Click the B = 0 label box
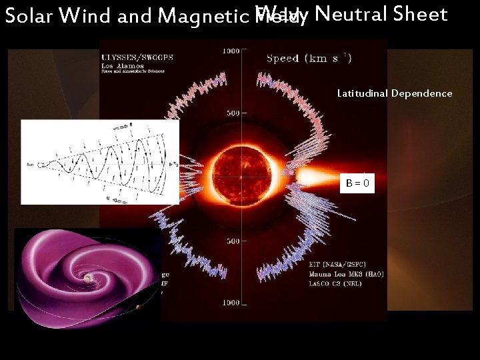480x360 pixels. (x=357, y=183)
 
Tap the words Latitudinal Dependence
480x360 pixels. (x=395, y=93)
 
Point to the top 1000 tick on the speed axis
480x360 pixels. (x=230, y=51)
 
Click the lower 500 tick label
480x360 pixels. (x=231, y=241)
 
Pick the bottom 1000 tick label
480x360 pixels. (x=231, y=303)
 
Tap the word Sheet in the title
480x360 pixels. (x=420, y=13)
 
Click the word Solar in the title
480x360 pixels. (x=29, y=15)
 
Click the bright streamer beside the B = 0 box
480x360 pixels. (x=313, y=177)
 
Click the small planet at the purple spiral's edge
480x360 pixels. (x=138, y=307)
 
